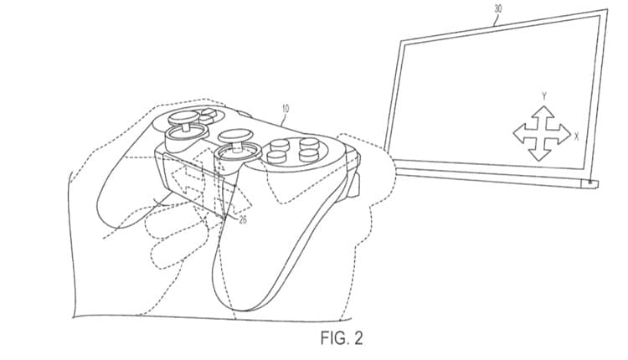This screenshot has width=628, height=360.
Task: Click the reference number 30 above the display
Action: tap(497, 8)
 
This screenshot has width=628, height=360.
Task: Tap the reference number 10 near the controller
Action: tap(286, 108)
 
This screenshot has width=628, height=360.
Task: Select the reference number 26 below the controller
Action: tap(243, 219)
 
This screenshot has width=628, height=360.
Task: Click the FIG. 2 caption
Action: tap(342, 338)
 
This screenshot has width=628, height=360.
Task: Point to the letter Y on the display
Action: tap(544, 96)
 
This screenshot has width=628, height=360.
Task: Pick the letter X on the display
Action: tap(576, 136)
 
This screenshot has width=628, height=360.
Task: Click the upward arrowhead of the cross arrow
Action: tap(543, 111)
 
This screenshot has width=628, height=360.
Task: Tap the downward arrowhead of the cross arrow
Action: tap(541, 155)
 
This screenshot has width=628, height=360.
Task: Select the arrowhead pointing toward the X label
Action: tap(564, 135)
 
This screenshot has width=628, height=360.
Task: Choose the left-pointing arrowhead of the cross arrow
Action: tap(520, 133)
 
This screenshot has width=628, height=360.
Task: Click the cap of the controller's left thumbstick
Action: tap(183, 117)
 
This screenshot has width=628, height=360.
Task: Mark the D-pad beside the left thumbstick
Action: tap(208, 115)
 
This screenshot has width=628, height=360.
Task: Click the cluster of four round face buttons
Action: tap(294, 149)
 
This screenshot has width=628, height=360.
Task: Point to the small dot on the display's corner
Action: tap(591, 183)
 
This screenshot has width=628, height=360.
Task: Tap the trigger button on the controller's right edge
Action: tap(353, 183)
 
